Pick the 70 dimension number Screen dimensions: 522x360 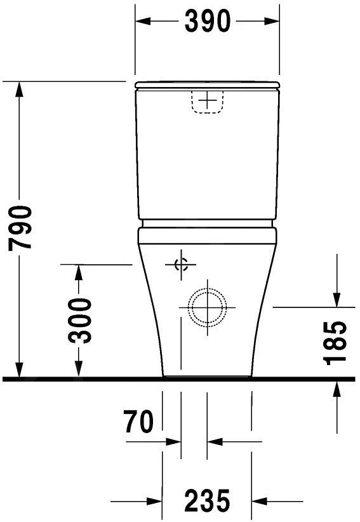click(x=139, y=422)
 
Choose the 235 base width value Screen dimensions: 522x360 click(x=207, y=502)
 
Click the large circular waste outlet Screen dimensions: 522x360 click(x=207, y=307)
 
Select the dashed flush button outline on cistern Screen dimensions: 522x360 click(x=207, y=102)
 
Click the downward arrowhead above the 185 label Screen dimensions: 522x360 click(x=337, y=298)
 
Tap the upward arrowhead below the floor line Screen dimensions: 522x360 click(x=337, y=389)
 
